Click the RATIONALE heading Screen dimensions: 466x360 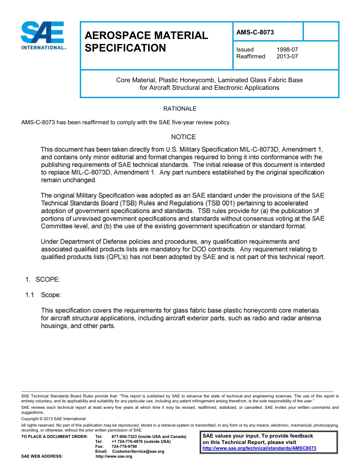coord(180,109)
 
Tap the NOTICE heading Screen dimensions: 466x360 coord(183,137)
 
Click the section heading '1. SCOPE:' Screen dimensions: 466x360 coord(42,280)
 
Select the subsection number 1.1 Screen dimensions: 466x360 coord(30,294)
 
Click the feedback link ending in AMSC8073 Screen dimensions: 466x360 coord(259,448)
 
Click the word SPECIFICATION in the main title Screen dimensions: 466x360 coord(125,48)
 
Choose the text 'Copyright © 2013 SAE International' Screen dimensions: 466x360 coord(53,419)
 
